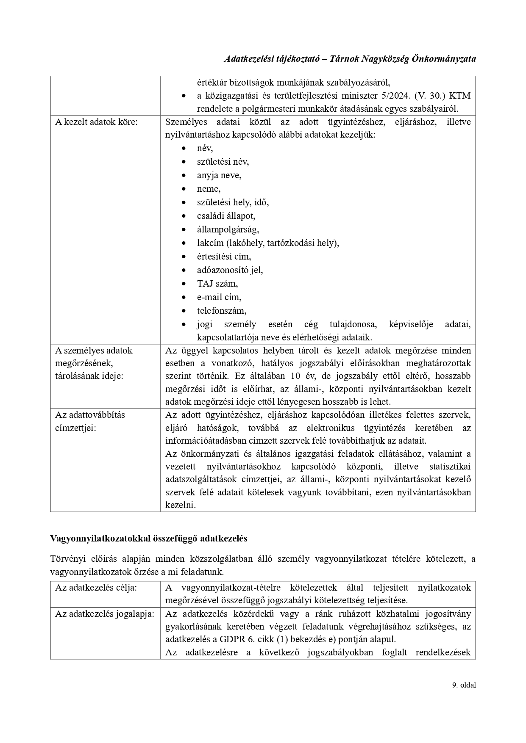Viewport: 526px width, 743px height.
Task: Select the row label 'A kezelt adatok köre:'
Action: tap(97, 122)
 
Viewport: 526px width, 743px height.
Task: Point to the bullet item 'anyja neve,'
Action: tap(219, 175)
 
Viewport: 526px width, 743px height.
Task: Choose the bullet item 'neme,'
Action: tap(209, 189)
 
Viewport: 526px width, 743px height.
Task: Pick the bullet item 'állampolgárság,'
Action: tap(228, 229)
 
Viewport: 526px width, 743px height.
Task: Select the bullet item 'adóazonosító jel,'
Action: tap(230, 270)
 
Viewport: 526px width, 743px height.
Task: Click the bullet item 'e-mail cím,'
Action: tap(219, 297)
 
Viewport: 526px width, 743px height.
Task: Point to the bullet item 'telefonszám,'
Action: tap(221, 311)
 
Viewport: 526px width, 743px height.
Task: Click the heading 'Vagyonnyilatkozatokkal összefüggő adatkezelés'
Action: tap(148, 539)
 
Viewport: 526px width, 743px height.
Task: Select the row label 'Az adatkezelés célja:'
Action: tap(96, 588)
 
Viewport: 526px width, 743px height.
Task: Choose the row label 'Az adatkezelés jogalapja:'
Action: tap(104, 614)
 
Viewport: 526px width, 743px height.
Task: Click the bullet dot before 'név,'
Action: tap(183, 149)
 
